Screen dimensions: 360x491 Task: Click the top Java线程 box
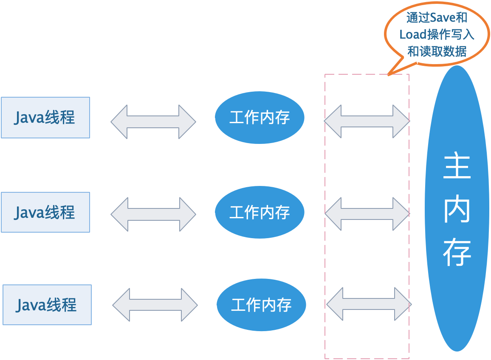click(x=45, y=118)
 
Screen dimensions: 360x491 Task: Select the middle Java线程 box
click(x=45, y=212)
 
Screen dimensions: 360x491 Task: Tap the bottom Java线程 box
click(x=47, y=305)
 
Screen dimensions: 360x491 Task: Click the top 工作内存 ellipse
click(x=260, y=118)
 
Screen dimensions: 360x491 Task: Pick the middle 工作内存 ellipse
click(x=260, y=212)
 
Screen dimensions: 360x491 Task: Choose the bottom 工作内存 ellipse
click(x=261, y=304)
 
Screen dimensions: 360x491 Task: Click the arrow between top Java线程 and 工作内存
click(x=153, y=122)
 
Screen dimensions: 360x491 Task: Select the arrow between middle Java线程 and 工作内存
click(x=153, y=214)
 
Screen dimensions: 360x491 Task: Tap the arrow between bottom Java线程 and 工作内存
click(x=155, y=305)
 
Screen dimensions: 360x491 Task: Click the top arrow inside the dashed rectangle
click(x=367, y=121)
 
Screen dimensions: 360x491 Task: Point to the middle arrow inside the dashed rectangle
click(x=367, y=214)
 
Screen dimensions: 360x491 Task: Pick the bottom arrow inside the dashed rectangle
click(x=369, y=304)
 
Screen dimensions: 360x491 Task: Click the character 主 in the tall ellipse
click(x=457, y=167)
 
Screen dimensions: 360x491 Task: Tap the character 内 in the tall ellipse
click(x=457, y=209)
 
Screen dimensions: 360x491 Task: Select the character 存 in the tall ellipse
click(x=457, y=253)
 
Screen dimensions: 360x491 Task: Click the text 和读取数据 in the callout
click(x=437, y=52)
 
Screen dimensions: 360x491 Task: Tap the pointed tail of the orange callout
click(x=390, y=73)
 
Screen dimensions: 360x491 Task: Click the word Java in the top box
click(x=29, y=118)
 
